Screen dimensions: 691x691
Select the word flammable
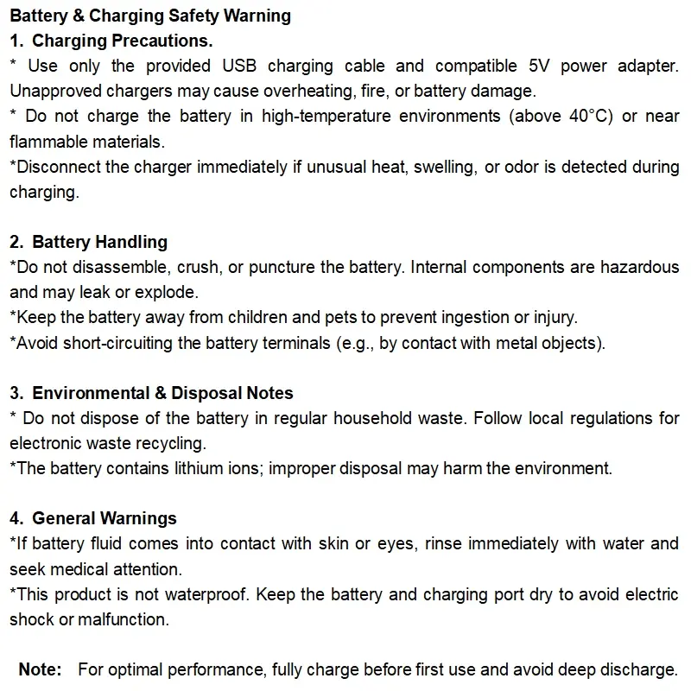point(45,141)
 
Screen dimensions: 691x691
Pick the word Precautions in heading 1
point(166,41)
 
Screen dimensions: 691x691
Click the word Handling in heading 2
point(132,242)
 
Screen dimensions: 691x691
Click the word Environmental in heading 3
point(92,393)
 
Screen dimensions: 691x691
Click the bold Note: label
point(41,669)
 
